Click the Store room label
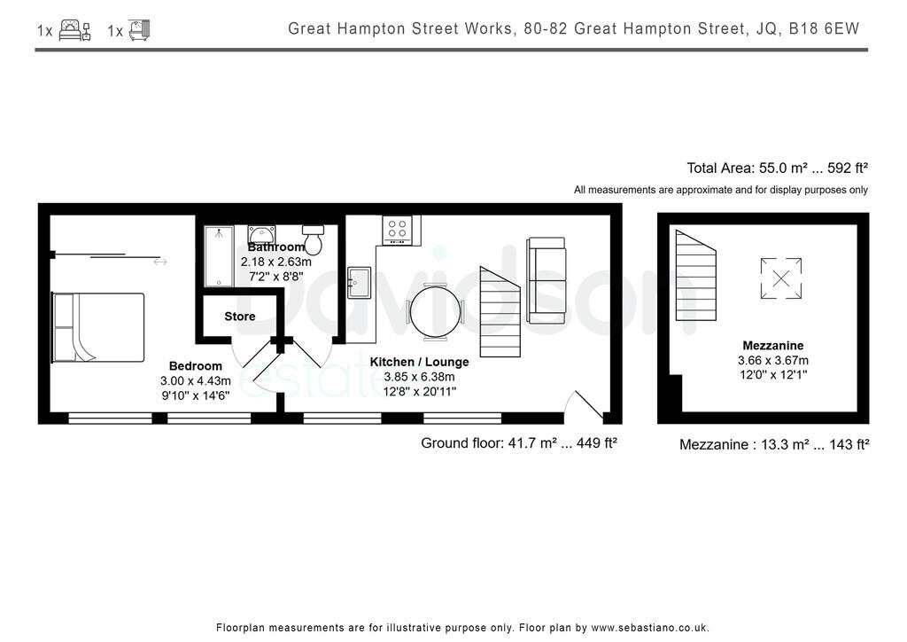tap(239, 317)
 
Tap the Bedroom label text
tap(196, 365)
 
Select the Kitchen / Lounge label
tap(419, 362)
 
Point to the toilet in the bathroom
tap(313, 239)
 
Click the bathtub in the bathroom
tap(219, 256)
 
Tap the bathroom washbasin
tap(261, 233)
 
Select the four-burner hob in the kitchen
tap(396, 230)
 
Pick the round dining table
tap(434, 311)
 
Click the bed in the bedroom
tap(97, 327)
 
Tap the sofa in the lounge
tap(546, 279)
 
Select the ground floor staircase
tap(500, 310)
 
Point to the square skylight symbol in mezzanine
tap(781, 278)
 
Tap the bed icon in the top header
tap(75, 30)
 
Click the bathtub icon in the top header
tap(139, 30)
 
